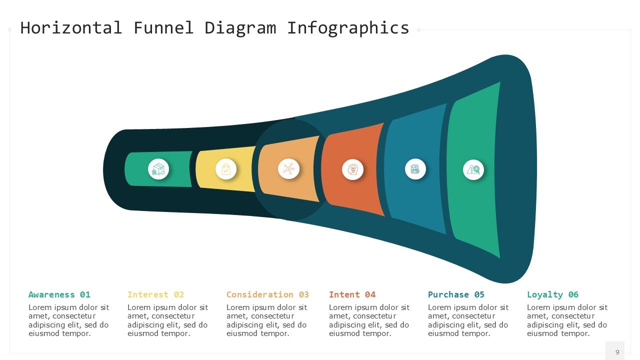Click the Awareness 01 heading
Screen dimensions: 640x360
[59, 294]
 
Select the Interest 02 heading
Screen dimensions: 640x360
[155, 294]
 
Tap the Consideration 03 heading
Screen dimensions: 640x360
[267, 294]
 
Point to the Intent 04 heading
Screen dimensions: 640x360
[352, 294]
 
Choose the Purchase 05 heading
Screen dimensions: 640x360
[456, 294]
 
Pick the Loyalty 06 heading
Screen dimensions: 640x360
[552, 294]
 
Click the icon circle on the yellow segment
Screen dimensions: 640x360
[226, 169]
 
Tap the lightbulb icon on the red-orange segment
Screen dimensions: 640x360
[352, 169]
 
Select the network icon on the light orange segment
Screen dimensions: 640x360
[288, 169]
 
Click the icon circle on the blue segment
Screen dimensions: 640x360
[415, 169]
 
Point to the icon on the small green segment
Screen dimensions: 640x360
[158, 169]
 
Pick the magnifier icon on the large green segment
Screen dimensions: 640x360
[473, 169]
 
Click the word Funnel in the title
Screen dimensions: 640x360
[163, 27]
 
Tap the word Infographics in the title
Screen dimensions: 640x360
[348, 27]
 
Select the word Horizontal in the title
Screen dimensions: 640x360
[71, 27]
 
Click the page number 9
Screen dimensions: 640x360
[617, 352]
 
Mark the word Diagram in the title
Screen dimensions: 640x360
[240, 27]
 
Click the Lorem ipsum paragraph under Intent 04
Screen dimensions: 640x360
[369, 320]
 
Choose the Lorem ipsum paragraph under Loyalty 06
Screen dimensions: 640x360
[567, 320]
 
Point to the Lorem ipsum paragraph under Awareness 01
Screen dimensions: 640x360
[68, 320]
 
